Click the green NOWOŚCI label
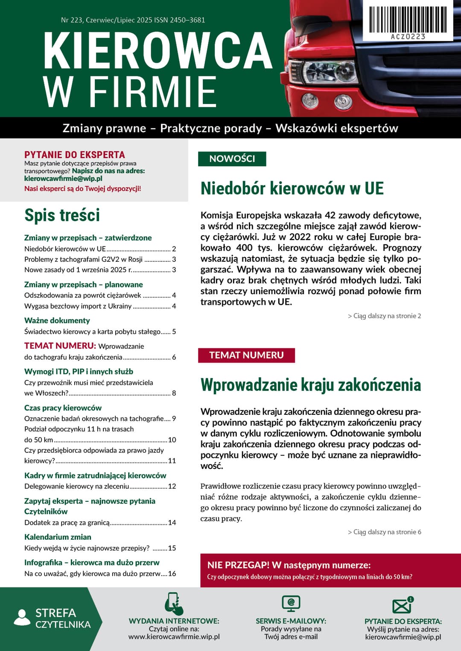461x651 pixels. point(232,159)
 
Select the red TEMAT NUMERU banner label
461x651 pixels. point(246,355)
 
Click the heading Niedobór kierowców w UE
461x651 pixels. point(292,188)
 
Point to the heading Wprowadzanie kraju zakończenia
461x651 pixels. point(310,385)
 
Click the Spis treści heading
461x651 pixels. point(62,215)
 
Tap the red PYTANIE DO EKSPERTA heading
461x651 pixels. point(75,155)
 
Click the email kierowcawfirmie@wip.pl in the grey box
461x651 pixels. point(63,179)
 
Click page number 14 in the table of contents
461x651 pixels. point(172,523)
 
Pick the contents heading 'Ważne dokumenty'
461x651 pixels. point(57,321)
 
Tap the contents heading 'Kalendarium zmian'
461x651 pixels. point(58,537)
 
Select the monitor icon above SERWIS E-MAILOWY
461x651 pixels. point(291,603)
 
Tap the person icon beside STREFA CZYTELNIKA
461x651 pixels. point(22,618)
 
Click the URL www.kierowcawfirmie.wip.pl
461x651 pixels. point(174,637)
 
